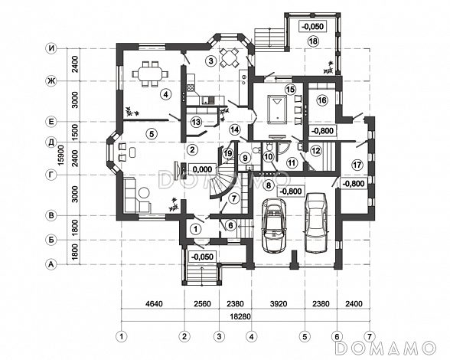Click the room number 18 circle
(x=314, y=41)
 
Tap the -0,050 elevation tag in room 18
(x=312, y=27)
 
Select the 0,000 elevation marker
(x=202, y=169)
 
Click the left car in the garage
(x=274, y=225)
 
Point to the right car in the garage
(x=315, y=223)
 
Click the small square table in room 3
(x=229, y=57)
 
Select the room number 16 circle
(x=322, y=100)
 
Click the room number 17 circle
(x=357, y=165)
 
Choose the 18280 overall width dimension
(x=240, y=316)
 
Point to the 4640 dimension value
(x=155, y=303)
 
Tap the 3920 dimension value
(x=279, y=303)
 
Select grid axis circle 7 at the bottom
(x=370, y=336)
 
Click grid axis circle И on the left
(x=51, y=48)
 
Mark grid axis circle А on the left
(x=51, y=264)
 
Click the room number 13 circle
(x=196, y=122)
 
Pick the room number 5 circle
(x=152, y=133)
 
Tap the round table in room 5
(x=144, y=192)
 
